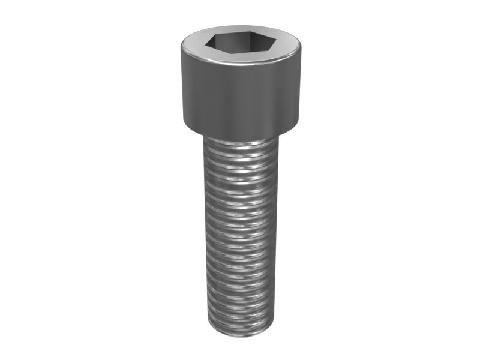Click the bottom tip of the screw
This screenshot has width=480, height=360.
(x=240, y=335)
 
